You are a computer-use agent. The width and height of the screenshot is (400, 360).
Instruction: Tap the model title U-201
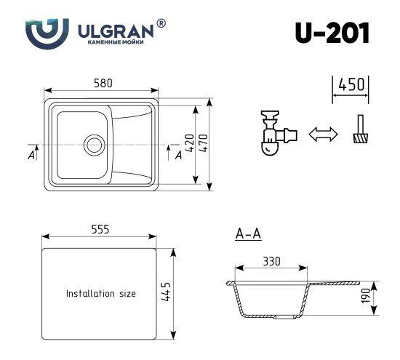(x=332, y=33)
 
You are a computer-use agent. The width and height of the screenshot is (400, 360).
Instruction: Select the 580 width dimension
(x=103, y=84)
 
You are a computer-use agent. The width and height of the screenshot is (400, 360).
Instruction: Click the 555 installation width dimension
(x=100, y=229)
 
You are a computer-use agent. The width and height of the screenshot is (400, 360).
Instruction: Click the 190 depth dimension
(x=367, y=297)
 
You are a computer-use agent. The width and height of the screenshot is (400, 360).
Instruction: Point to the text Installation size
(x=101, y=295)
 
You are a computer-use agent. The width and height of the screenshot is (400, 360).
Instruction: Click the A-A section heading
(x=249, y=234)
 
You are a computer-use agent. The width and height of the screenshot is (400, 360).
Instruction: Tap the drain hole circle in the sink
(x=94, y=144)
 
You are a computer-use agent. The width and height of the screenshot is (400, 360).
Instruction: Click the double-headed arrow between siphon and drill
(x=324, y=134)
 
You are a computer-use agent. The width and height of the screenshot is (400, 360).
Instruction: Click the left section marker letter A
(x=31, y=155)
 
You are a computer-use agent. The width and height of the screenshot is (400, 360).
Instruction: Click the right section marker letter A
(x=178, y=155)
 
